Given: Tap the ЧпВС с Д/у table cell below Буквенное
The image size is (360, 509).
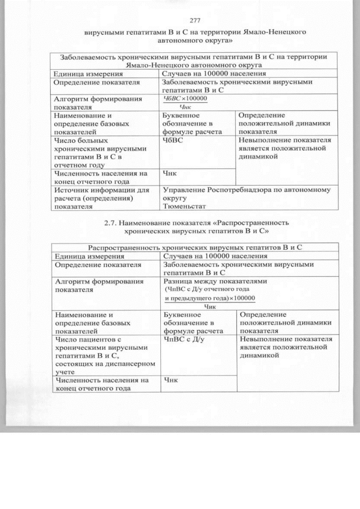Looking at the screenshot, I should pyautogui.click(x=183, y=340).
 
